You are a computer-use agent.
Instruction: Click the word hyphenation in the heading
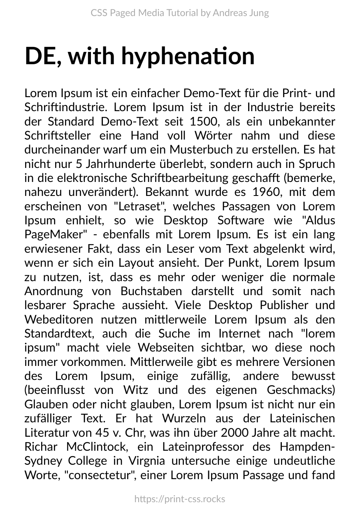tap(188, 56)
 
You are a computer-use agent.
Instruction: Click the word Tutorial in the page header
tap(182, 13)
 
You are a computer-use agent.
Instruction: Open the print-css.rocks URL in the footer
tap(180, 499)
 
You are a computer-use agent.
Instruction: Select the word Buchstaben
tap(151, 291)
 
